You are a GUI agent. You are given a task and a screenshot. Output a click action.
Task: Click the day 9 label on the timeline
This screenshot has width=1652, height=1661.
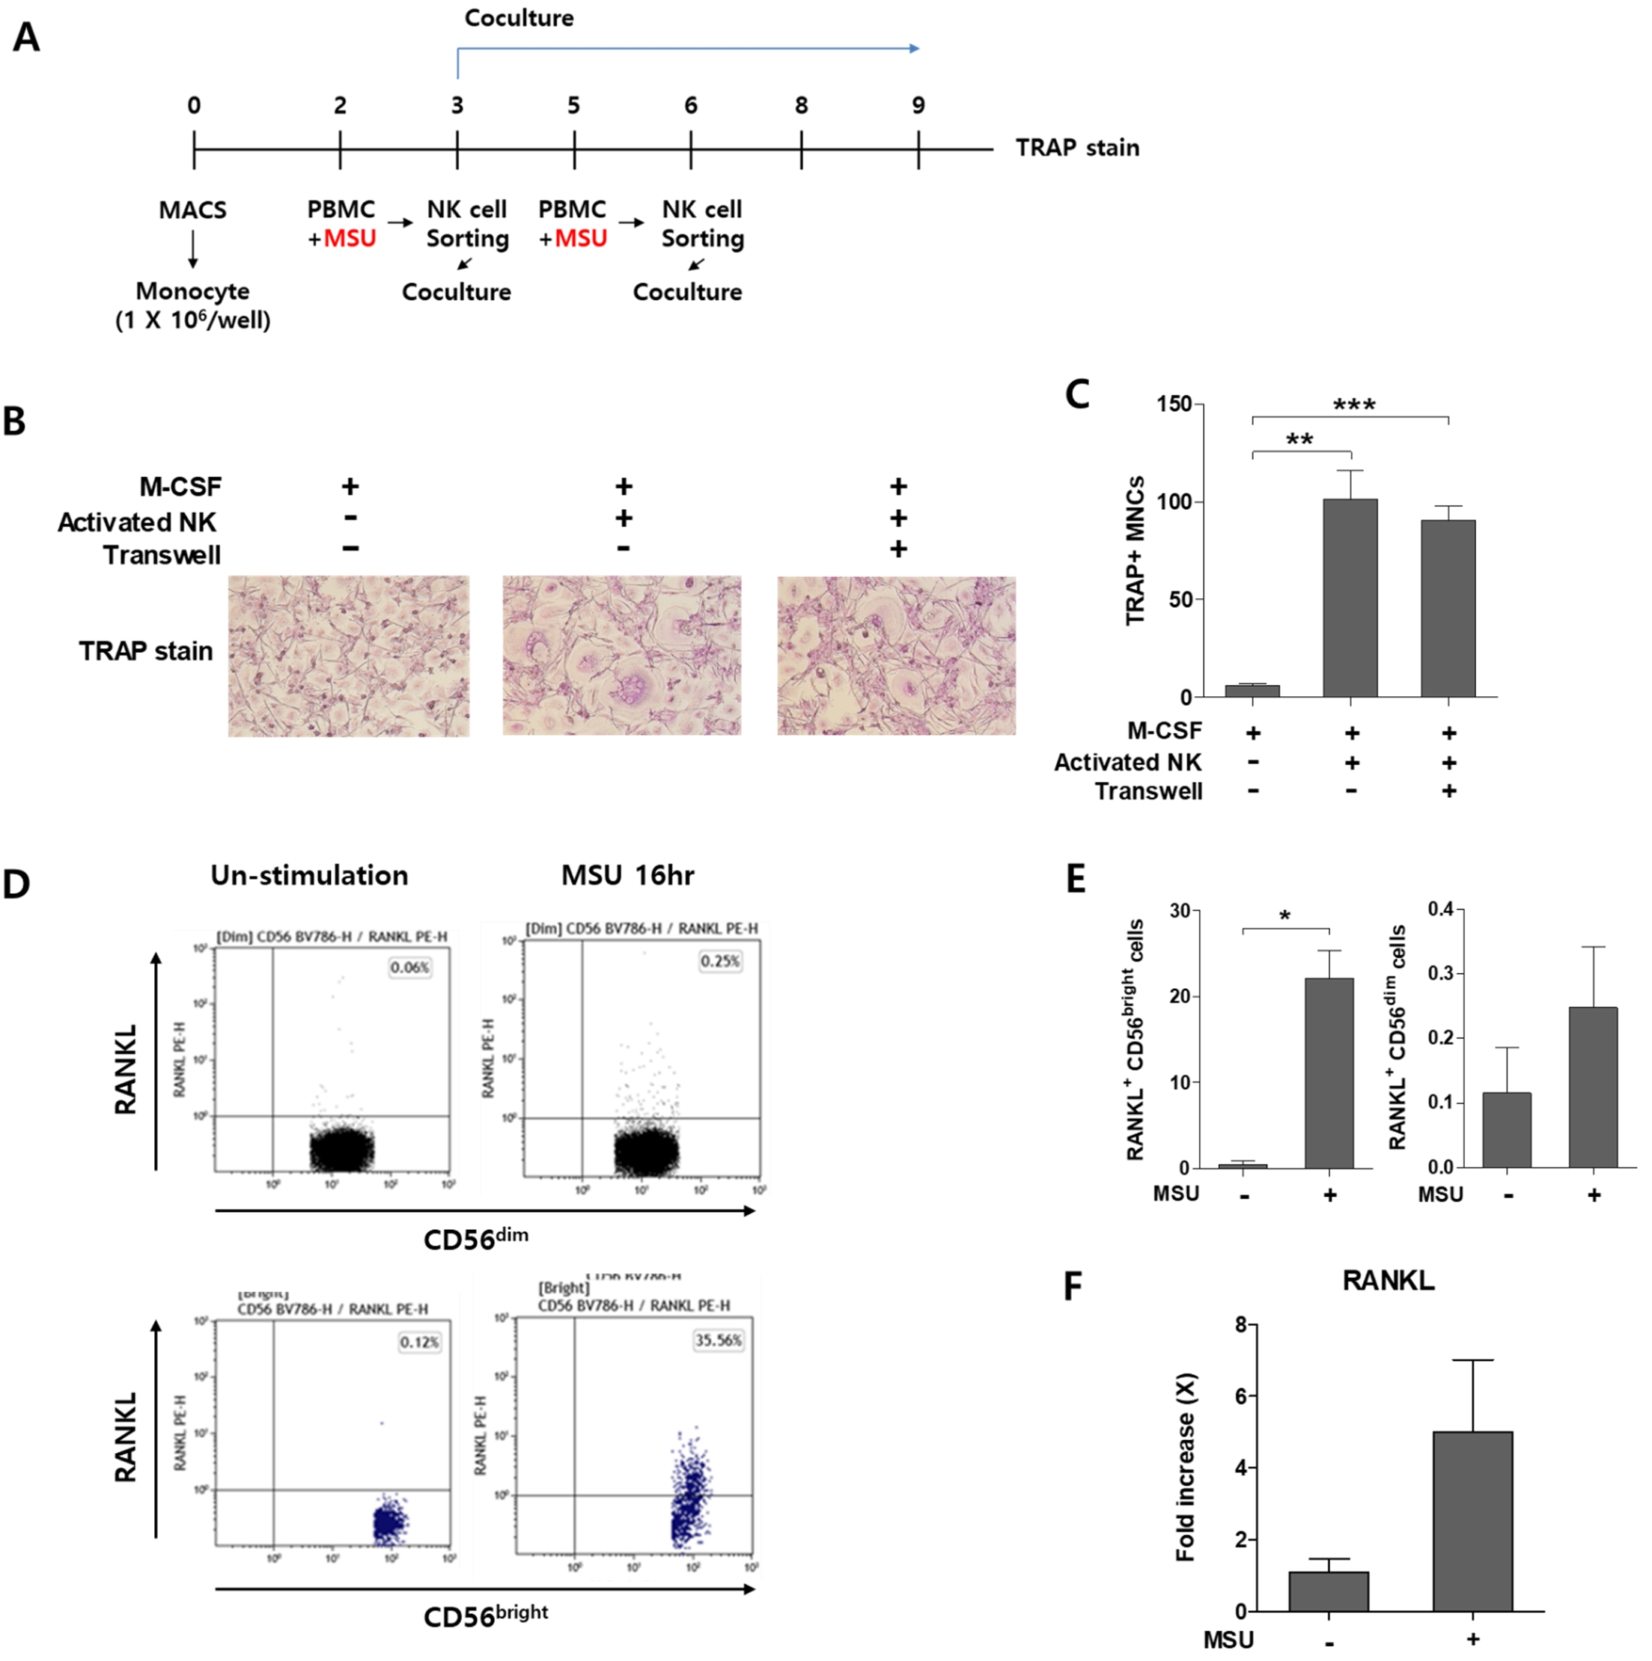pos(918,106)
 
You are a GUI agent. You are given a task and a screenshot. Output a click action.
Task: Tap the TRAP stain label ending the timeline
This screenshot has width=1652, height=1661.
pos(1077,148)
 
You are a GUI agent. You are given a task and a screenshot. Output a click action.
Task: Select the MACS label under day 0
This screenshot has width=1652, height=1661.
pos(192,210)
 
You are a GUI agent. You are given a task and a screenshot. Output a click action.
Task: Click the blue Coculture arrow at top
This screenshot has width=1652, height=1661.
pos(688,49)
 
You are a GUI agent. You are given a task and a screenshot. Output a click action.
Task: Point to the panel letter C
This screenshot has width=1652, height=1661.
pos(1077,394)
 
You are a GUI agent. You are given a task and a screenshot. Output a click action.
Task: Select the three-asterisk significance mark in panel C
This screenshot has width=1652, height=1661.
pos(1354,404)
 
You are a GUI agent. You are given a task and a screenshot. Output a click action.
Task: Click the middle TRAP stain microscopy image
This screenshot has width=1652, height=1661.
pos(621,655)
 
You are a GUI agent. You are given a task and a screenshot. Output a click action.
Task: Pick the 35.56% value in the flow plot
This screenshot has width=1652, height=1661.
pos(718,1341)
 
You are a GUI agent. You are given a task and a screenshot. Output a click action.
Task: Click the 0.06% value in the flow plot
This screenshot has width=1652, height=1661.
pos(409,967)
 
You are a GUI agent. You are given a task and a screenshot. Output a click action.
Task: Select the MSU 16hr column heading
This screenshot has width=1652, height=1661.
pos(627,875)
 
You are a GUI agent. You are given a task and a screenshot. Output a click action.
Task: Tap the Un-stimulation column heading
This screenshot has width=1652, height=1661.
pos(309,875)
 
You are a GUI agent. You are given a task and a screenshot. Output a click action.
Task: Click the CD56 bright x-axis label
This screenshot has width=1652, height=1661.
pos(486,1615)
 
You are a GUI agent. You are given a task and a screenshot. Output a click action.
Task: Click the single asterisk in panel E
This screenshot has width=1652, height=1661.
pos(1285,916)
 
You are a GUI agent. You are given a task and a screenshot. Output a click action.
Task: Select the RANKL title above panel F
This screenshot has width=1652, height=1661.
pos(1388,1281)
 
